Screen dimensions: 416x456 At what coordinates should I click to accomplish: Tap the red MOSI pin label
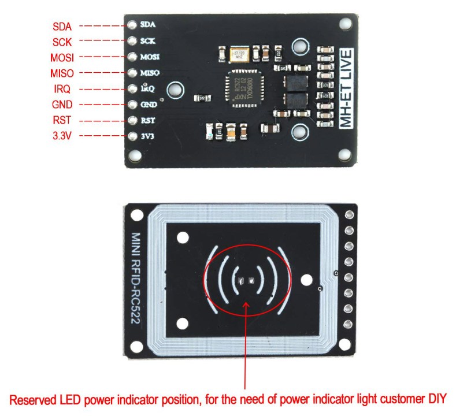tap(62, 57)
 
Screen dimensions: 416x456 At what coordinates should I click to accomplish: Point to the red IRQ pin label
tap(61, 89)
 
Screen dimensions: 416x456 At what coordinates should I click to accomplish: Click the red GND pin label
tap(62, 105)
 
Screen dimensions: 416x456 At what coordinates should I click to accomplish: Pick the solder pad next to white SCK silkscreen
tap(132, 42)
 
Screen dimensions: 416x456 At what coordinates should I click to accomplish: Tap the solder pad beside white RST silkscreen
tap(132, 121)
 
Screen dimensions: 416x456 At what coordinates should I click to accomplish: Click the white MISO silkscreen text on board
tap(150, 73)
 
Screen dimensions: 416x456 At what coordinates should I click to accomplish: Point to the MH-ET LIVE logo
tap(346, 90)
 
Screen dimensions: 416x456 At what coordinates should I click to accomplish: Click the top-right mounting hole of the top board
tap(346, 23)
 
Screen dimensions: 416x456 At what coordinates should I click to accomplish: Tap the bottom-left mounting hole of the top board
tap(134, 156)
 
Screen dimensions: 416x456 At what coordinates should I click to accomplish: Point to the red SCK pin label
tap(62, 42)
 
